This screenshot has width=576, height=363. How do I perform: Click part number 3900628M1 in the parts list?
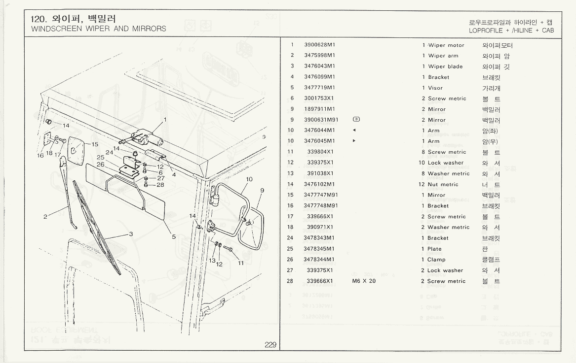click(319, 45)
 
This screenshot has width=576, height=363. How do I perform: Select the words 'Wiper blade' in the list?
click(446, 66)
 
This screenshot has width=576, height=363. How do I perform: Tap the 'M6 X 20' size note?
click(364, 281)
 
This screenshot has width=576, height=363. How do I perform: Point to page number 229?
click(270, 345)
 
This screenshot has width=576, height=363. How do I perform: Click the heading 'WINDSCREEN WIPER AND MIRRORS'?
click(98, 29)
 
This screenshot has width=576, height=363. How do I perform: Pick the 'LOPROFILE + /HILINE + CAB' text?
click(511, 31)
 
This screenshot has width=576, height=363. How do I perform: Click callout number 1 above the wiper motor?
click(165, 119)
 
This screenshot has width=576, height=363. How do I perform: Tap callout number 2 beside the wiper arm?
click(45, 216)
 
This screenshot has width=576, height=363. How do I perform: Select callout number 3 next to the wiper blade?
click(131, 234)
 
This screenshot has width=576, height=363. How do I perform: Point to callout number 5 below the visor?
click(174, 236)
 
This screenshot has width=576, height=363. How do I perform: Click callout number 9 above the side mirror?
click(262, 190)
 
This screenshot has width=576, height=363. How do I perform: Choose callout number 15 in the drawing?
click(95, 144)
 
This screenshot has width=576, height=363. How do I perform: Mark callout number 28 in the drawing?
click(160, 185)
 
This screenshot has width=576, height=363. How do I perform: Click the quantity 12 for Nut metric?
click(422, 185)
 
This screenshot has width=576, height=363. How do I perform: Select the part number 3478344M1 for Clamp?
click(319, 260)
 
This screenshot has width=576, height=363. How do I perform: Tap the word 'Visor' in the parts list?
click(435, 88)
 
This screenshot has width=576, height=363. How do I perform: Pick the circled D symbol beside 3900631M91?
click(356, 120)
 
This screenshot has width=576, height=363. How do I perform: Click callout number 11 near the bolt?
click(241, 263)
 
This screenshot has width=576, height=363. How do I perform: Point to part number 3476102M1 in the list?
click(319, 185)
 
